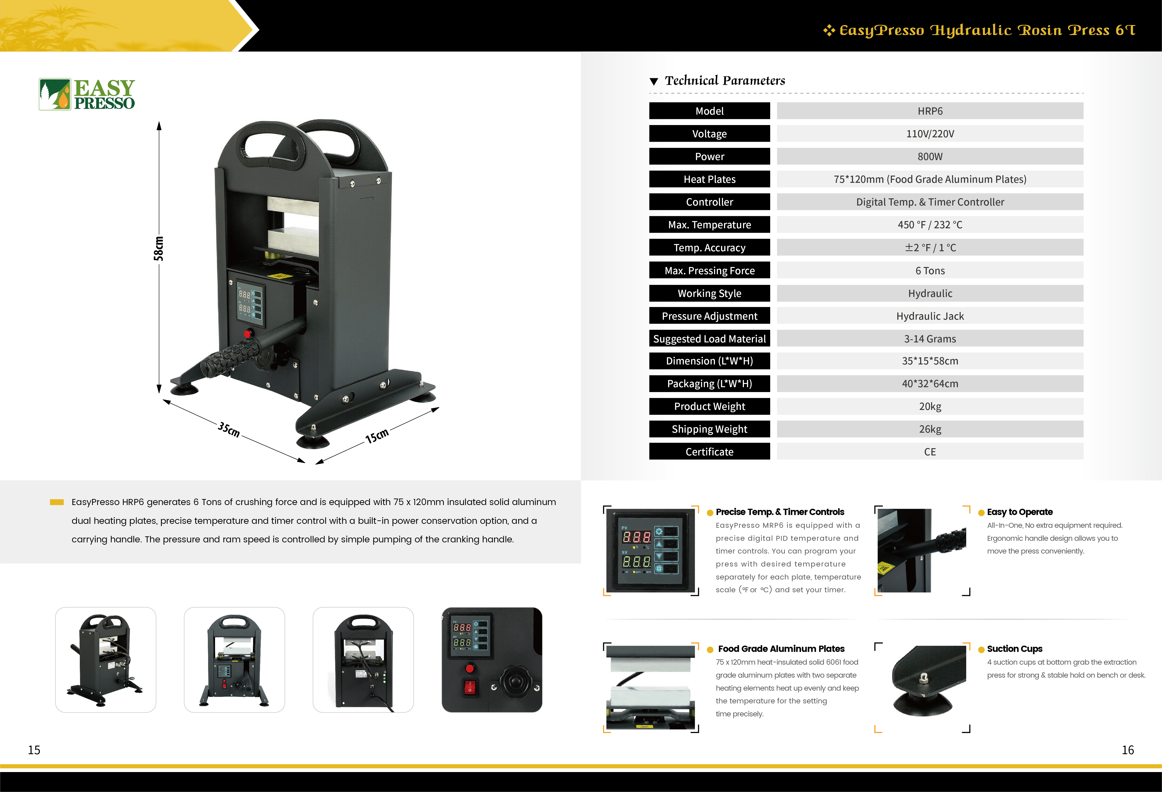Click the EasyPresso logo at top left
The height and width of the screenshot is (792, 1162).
tap(87, 94)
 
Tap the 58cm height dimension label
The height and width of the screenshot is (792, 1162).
tap(158, 248)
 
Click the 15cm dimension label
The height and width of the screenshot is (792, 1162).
tap(377, 435)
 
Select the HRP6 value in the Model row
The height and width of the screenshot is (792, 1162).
tap(930, 111)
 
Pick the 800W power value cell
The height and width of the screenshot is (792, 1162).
tap(930, 157)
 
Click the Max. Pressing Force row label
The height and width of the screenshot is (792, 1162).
tap(709, 270)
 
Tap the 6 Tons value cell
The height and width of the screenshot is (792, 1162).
tap(930, 270)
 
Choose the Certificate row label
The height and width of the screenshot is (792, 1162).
tap(709, 451)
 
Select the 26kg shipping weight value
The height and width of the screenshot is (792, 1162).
tap(930, 429)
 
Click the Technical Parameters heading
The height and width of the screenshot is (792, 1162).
tap(725, 80)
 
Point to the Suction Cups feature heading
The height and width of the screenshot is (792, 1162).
tap(1014, 648)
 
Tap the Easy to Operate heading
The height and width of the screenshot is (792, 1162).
tap(1020, 512)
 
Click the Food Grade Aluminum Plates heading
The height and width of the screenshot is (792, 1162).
tap(781, 648)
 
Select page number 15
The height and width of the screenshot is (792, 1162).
tap(34, 750)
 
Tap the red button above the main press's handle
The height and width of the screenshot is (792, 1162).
tap(248, 334)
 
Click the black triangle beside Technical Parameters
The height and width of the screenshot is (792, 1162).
tap(653, 81)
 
